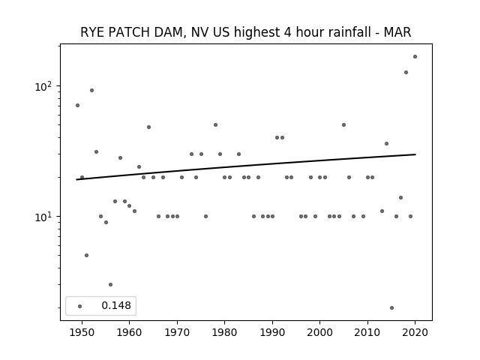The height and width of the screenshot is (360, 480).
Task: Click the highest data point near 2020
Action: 415,57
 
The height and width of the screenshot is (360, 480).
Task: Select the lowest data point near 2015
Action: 391,308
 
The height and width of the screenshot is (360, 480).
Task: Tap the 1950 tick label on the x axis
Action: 82,332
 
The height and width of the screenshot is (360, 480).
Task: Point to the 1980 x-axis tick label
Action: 224,332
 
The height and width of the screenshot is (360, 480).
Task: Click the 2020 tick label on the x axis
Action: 415,332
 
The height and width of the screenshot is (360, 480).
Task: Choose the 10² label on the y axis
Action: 43,87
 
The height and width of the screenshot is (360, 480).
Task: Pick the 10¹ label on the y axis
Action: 43,217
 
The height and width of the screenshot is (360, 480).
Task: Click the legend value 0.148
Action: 116,305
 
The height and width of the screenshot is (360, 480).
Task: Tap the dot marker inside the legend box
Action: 80,306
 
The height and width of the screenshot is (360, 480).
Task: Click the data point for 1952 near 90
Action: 91,90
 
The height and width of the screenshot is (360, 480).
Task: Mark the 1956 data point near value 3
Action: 110,285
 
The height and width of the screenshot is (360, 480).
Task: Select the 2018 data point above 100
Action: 406,73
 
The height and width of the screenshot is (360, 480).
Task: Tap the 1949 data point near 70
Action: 77,105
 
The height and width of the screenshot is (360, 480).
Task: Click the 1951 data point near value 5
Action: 87,255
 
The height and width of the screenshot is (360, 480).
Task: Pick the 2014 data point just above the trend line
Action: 387,143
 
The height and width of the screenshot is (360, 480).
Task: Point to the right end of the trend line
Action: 415,154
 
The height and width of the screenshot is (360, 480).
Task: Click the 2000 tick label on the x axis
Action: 320,332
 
